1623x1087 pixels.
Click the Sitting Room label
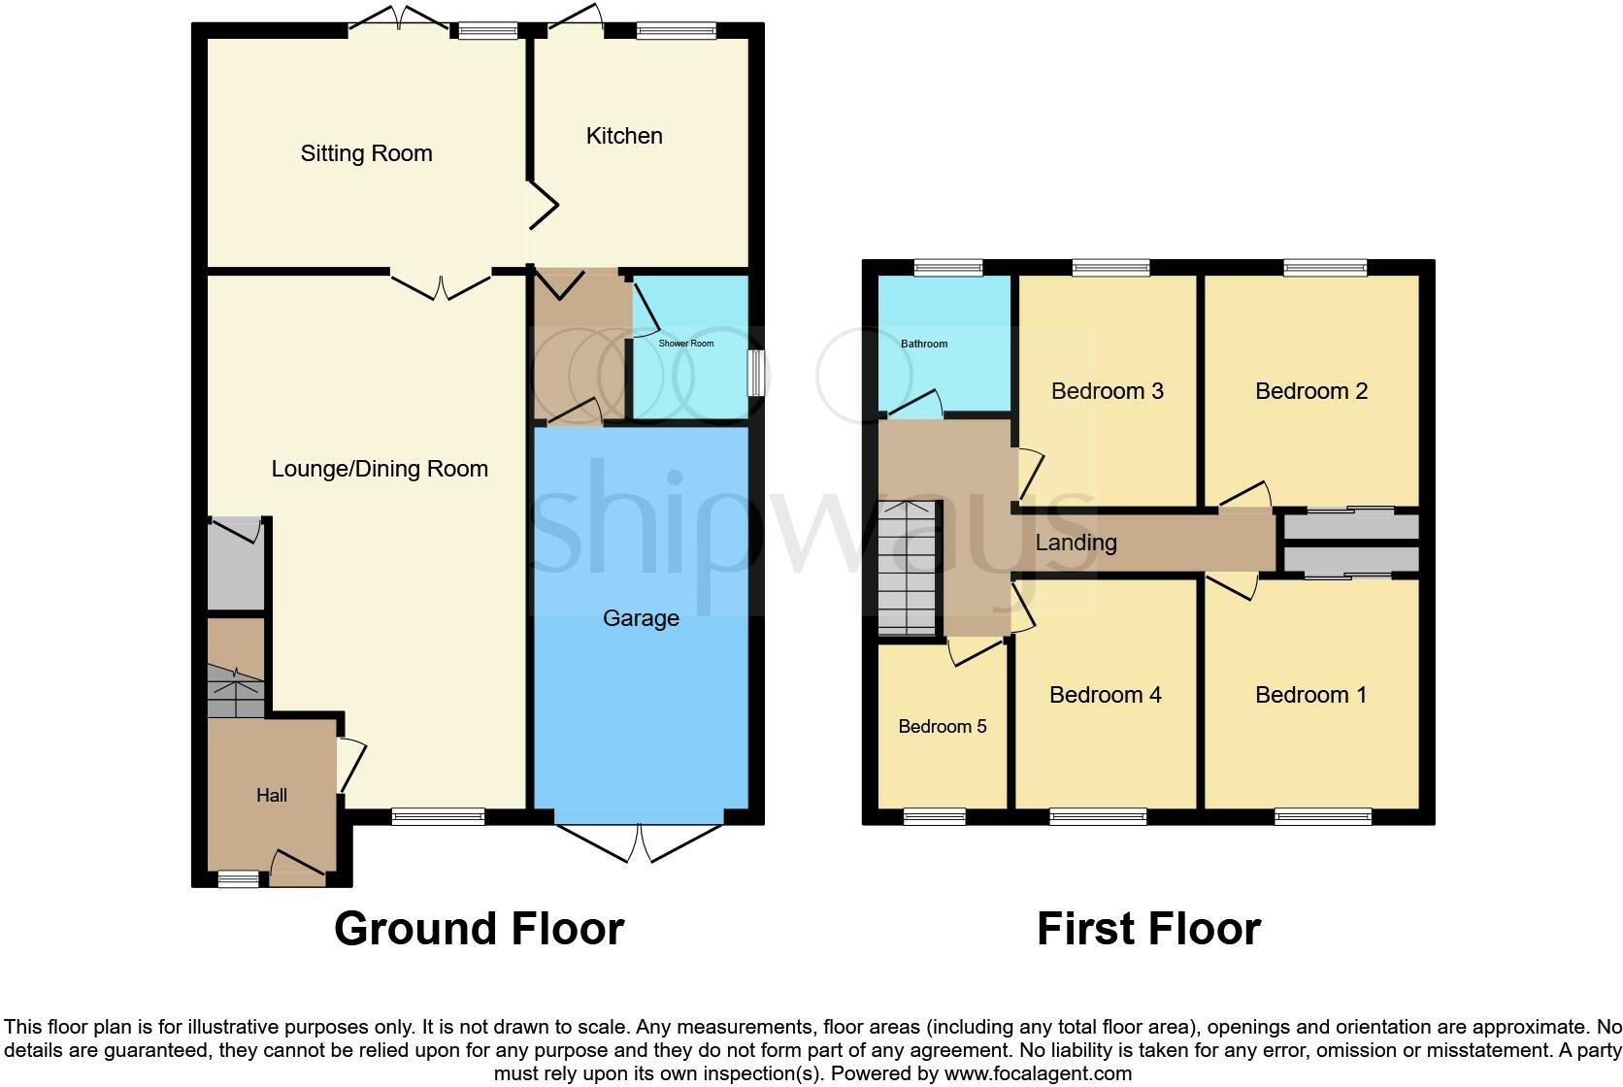pos(366,153)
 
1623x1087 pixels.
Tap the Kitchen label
pos(624,136)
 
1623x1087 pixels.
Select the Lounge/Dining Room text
pos(379,469)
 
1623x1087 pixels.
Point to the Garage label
pos(641,618)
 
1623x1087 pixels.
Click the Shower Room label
pos(686,344)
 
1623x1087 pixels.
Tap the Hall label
pos(272,795)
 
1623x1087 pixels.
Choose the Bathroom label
pos(924,344)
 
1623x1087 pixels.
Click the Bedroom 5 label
pos(942,726)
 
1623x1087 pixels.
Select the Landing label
pos(1076,543)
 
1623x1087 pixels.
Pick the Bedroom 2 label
pos(1310,391)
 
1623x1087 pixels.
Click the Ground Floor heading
pos(479,929)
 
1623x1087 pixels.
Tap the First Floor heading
pos(1148,929)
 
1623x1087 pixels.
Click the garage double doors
pos(641,842)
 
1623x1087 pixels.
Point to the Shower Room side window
pos(754,373)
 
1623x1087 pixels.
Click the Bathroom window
pos(948,268)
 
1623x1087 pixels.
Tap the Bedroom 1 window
pos(1322,817)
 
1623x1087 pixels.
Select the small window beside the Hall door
pos(238,878)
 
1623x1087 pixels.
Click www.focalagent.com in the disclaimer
pos(1038,1073)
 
